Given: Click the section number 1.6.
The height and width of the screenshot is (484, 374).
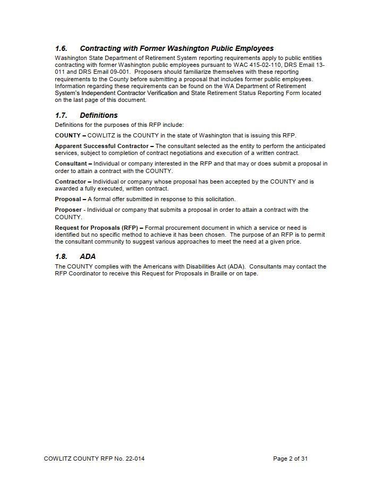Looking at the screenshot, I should [61, 48].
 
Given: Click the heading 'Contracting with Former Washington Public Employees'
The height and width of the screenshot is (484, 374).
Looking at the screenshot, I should [176, 48].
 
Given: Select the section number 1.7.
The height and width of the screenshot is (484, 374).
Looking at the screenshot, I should [61, 115].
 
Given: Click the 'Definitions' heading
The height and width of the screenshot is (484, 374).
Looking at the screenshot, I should [98, 115].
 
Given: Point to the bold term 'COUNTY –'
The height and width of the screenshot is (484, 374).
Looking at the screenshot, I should [70, 135].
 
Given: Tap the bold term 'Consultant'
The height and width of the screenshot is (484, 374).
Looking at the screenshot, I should [73, 163].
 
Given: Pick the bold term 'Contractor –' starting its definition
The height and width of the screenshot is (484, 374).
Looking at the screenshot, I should [73, 181].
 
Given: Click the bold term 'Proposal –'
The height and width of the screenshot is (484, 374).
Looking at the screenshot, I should [70, 199].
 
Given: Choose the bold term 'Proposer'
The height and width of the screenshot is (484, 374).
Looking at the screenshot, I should [68, 210].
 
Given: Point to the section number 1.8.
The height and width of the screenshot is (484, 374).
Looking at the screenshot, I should [61, 256].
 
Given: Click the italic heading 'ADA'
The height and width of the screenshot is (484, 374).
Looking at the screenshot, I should [88, 256].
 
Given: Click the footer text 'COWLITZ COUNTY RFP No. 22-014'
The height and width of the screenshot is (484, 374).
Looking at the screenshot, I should [94, 459].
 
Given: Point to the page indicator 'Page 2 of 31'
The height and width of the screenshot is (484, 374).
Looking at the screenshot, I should [290, 459].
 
